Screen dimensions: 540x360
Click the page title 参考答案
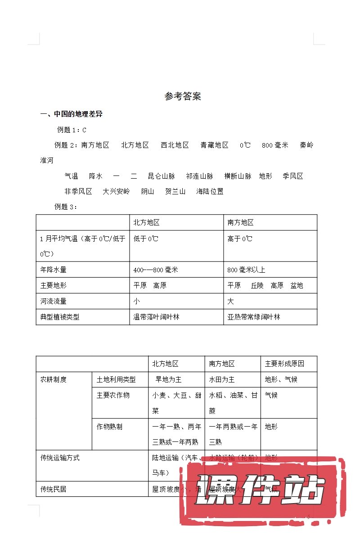coord(183,96)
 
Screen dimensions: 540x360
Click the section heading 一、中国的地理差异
coord(72,114)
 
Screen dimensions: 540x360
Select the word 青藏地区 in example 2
coord(214,145)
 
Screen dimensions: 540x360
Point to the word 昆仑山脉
coord(161,176)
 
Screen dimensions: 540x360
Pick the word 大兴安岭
coord(116,191)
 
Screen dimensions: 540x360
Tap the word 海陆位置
coord(210,191)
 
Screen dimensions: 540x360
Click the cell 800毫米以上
coord(246,270)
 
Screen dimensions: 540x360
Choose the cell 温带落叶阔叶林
coord(156,317)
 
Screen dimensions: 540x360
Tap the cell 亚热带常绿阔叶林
coord(253,317)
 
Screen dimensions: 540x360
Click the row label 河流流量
coord(53,301)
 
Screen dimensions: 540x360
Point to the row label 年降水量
coord(53,270)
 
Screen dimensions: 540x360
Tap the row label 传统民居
coord(53,489)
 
